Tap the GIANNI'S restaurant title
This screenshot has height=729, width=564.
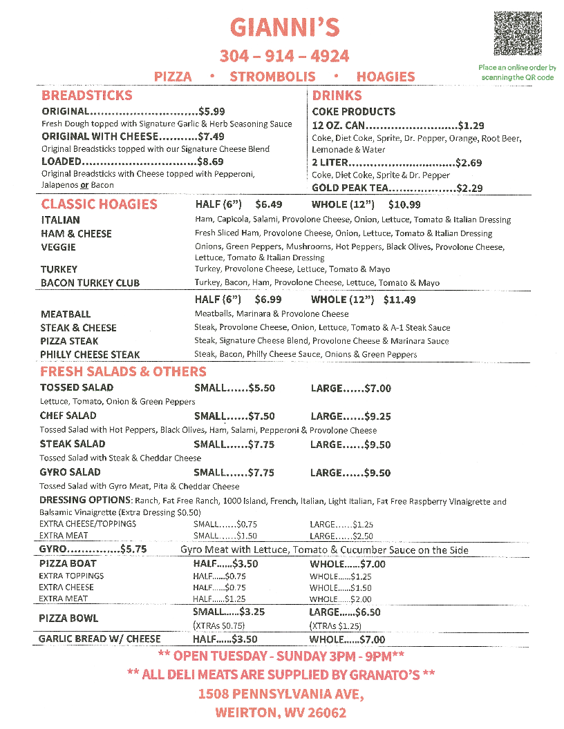(x=284, y=28)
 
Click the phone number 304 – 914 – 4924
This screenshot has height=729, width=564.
(x=284, y=56)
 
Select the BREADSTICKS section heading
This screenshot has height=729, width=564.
(x=86, y=95)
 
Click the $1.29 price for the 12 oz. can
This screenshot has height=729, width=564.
(x=471, y=126)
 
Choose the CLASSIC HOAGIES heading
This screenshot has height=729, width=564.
(x=99, y=204)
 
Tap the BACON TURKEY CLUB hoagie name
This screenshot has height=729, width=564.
(x=90, y=283)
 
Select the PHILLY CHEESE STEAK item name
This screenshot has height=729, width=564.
(x=90, y=355)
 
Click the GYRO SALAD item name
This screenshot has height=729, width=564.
(x=70, y=472)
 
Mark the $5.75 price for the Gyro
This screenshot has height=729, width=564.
(x=134, y=550)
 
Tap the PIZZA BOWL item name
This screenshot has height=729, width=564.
(x=68, y=618)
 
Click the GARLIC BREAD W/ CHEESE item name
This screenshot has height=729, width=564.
(x=100, y=639)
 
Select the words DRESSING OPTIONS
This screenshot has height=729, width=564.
(x=84, y=500)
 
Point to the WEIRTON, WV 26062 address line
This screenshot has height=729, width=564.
(x=281, y=713)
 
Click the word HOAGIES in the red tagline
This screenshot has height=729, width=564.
(x=386, y=77)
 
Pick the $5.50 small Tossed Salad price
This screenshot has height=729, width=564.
(x=261, y=388)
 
